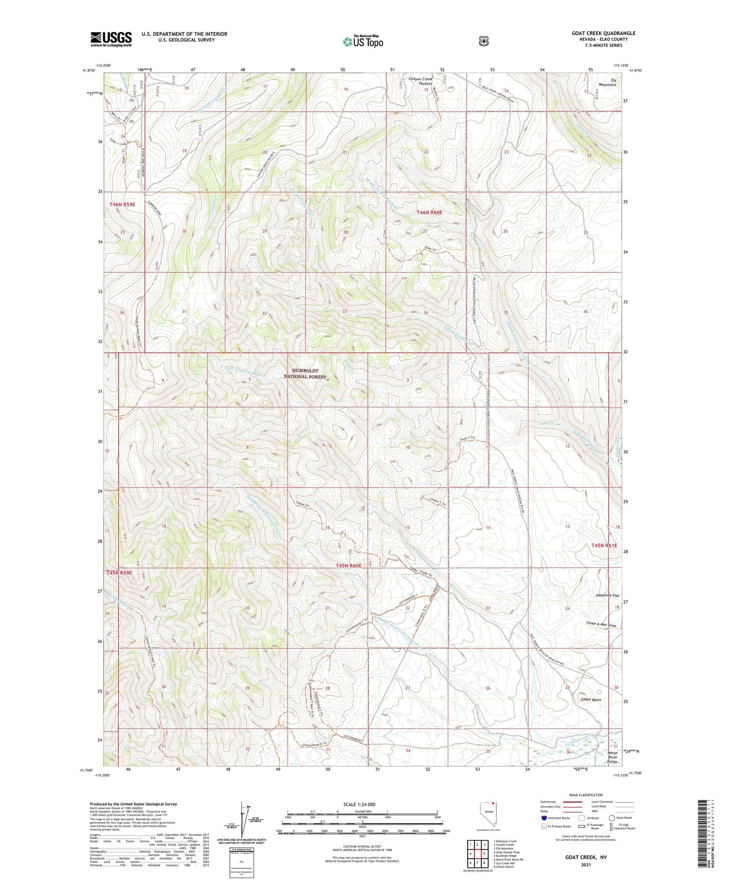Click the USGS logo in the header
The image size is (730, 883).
[x=111, y=39]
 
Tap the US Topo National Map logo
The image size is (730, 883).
[x=363, y=41]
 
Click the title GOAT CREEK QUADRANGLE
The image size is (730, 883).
[x=603, y=33]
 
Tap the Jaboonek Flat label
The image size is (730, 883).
[x=607, y=596]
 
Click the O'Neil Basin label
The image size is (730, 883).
[x=590, y=699]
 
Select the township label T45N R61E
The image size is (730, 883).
[x=604, y=545]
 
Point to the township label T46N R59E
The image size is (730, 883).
[x=122, y=205]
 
